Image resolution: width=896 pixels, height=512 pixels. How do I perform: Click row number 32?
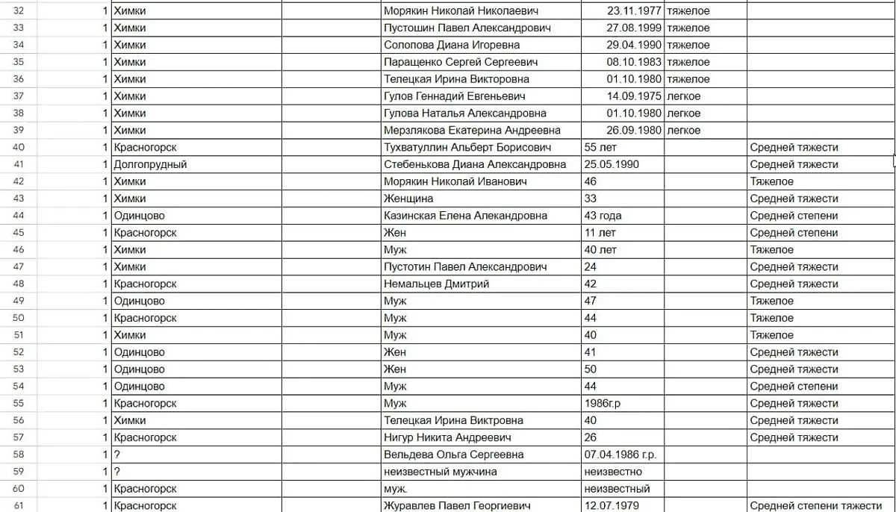[x=19, y=11]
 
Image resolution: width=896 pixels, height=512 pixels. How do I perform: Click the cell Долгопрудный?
[x=150, y=164]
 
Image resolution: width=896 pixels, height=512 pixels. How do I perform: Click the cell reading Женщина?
[x=408, y=199]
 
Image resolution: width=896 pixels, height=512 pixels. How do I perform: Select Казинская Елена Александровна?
[x=465, y=216]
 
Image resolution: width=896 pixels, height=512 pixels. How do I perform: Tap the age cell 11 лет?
[x=600, y=233]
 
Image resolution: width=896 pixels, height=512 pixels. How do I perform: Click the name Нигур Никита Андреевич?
[x=447, y=437]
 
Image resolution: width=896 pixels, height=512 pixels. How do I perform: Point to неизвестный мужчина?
[x=441, y=472]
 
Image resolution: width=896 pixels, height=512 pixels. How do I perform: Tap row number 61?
[x=19, y=506]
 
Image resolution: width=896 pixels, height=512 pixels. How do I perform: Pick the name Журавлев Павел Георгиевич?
[x=457, y=506]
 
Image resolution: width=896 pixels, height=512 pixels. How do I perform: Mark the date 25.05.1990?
[x=614, y=164]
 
